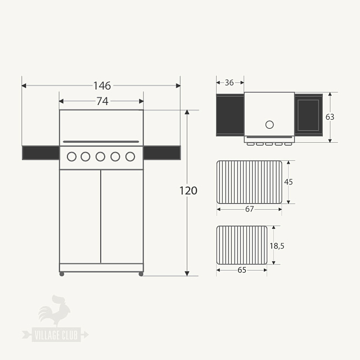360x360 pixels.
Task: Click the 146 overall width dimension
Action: [102, 85]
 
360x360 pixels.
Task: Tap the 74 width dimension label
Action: [102, 101]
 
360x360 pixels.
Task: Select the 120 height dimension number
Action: [188, 191]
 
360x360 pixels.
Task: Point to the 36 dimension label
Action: [229, 83]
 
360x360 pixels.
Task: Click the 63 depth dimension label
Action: [330, 117]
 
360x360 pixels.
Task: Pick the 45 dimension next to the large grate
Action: [289, 182]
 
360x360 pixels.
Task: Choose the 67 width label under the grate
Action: [250, 209]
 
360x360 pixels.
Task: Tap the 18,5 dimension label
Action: [277, 246]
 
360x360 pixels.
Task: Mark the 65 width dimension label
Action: [242, 270]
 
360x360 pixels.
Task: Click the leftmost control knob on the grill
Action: [71, 157]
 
